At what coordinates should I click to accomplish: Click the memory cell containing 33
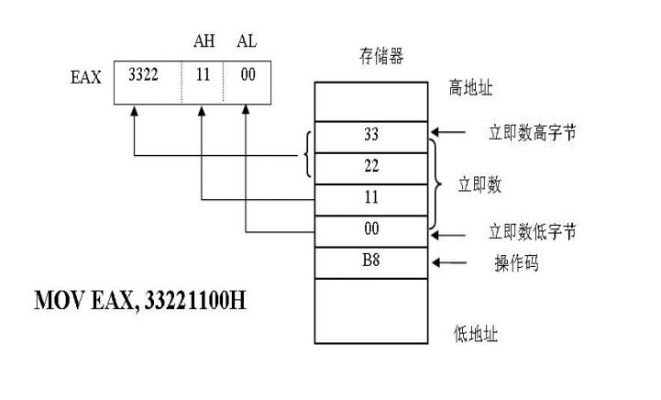click(371, 133)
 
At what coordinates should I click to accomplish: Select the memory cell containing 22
click(371, 166)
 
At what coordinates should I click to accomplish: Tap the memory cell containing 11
click(371, 198)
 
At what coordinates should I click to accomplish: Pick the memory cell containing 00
click(371, 230)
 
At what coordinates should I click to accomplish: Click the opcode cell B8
click(371, 262)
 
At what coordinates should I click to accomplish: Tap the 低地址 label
click(476, 333)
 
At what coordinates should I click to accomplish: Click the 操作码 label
click(515, 263)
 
